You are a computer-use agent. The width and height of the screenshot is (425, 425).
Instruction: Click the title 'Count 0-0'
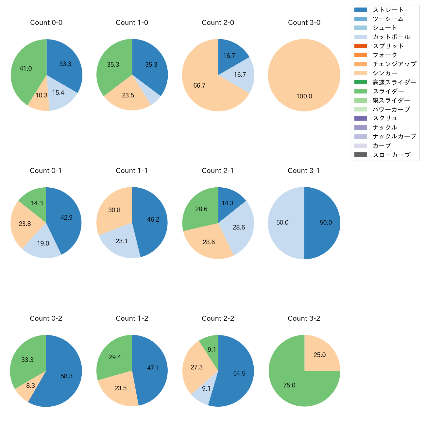pyautogui.click(x=46, y=23)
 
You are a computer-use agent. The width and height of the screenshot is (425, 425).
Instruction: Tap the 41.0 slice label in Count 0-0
pyautogui.click(x=26, y=68)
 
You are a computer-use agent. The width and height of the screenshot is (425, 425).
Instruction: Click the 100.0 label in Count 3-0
pyautogui.click(x=304, y=96)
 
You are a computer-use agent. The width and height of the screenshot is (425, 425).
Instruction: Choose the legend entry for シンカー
pyautogui.click(x=385, y=73)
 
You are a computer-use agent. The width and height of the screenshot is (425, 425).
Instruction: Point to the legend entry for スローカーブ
pyautogui.click(x=391, y=155)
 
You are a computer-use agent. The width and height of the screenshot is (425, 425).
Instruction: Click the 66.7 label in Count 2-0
pyautogui.click(x=199, y=85)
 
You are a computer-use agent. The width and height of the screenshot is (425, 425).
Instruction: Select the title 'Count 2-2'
pyautogui.click(x=218, y=318)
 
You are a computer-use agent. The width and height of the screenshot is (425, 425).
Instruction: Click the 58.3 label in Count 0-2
pyautogui.click(x=66, y=376)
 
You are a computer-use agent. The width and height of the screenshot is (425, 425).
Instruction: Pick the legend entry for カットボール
pyautogui.click(x=391, y=37)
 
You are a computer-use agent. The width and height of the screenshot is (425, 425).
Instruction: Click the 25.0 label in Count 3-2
pyautogui.click(x=319, y=355)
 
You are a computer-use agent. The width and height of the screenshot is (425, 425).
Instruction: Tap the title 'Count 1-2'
pyautogui.click(x=132, y=318)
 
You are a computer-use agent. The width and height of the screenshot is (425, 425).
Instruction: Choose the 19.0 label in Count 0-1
pyautogui.click(x=43, y=243)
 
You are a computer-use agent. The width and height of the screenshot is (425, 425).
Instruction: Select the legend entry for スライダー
pyautogui.click(x=388, y=91)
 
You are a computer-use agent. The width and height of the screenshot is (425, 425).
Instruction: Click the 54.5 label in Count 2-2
pyautogui.click(x=239, y=373)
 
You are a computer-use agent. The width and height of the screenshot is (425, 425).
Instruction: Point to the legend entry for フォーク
pyautogui.click(x=385, y=55)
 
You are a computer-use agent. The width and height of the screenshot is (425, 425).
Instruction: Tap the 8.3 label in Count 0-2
pyautogui.click(x=30, y=385)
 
